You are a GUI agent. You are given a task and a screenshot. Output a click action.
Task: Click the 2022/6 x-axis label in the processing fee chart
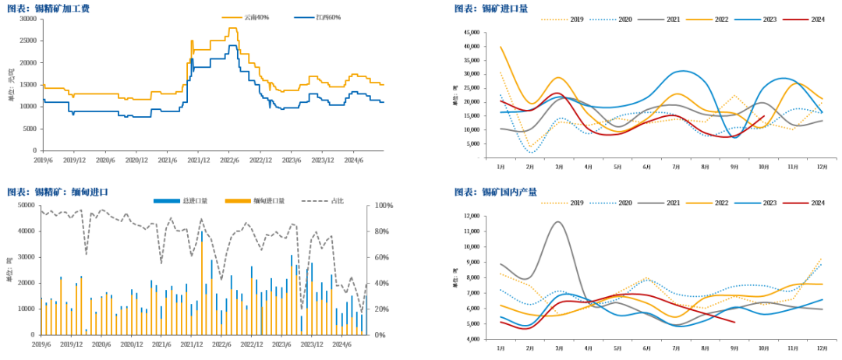228,159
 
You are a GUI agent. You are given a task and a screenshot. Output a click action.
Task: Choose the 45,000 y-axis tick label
469,33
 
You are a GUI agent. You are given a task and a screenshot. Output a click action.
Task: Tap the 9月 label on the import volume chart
734,168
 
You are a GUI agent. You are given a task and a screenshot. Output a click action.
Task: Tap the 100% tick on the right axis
384,206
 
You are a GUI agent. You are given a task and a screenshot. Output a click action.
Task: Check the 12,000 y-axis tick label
469,216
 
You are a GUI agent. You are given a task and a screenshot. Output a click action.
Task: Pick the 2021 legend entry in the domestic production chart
674,203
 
